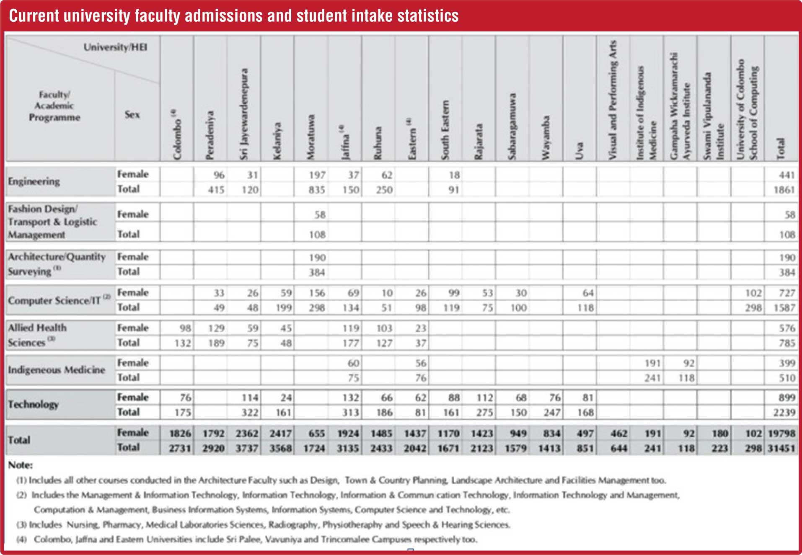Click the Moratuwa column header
(310, 137)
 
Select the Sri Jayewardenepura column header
(243, 114)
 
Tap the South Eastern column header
(445, 130)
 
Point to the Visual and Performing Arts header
(612, 100)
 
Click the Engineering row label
(34, 181)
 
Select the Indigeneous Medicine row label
(57, 370)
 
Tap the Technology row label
(33, 404)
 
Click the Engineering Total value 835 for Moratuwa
(317, 190)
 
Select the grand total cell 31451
(781, 448)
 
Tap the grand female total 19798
(781, 433)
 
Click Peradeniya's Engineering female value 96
(219, 175)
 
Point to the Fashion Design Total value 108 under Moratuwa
(317, 235)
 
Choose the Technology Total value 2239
(784, 413)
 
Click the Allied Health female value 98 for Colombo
(185, 328)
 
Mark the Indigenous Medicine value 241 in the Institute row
(652, 378)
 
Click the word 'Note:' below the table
(20, 465)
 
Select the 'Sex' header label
(132, 114)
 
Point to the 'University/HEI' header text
(115, 47)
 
